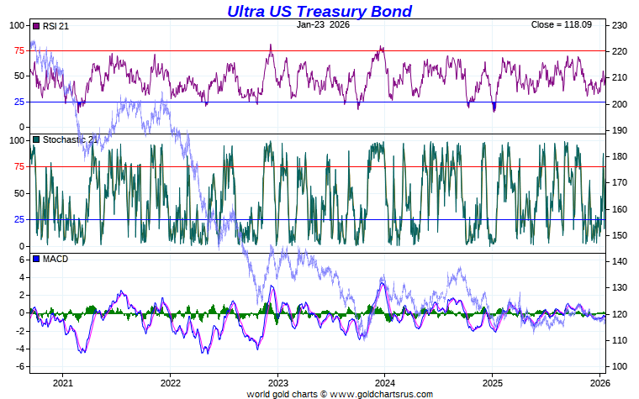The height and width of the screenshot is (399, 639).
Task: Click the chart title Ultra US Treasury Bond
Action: coord(319,11)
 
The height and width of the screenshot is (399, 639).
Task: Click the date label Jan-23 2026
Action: coord(323,24)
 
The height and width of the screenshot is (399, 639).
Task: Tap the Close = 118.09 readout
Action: coord(561,24)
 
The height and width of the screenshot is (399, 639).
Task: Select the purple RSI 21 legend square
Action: coord(35,26)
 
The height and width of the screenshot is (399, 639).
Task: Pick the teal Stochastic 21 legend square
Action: coord(35,139)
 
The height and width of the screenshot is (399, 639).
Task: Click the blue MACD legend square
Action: coord(35,259)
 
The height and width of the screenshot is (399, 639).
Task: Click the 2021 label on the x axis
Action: coord(63,382)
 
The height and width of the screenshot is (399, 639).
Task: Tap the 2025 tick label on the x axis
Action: coord(492,382)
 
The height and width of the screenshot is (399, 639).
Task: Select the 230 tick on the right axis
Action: coord(621,25)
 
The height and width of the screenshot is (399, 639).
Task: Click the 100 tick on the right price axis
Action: coord(621,366)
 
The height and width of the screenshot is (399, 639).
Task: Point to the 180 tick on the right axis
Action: coord(621,156)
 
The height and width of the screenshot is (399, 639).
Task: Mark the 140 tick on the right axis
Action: coord(621,261)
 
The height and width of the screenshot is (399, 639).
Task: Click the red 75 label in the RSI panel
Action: coord(18,51)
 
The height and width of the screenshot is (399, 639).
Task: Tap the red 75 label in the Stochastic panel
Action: coord(18,167)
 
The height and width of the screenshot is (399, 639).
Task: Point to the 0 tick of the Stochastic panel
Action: coord(23,246)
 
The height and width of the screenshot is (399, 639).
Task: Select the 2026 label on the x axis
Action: coord(599,382)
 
